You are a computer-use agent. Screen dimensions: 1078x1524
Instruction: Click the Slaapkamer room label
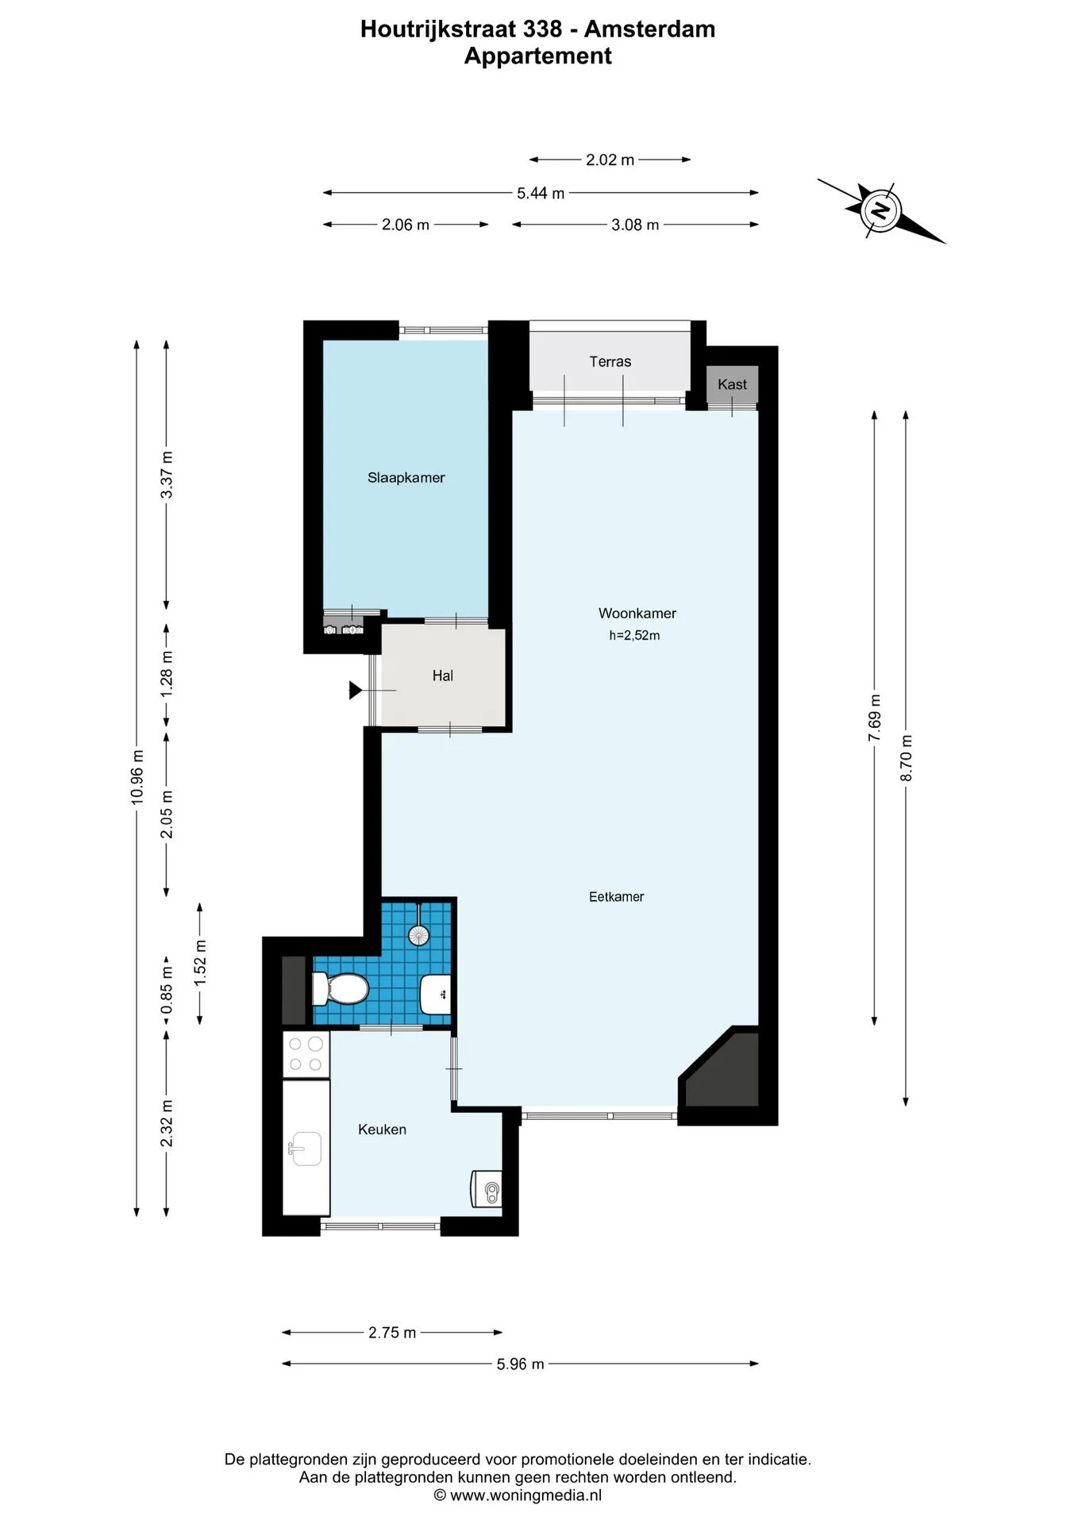pyautogui.click(x=406, y=478)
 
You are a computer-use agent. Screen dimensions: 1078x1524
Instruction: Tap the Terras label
pyautogui.click(x=610, y=362)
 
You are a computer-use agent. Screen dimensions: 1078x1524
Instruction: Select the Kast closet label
pyautogui.click(x=732, y=385)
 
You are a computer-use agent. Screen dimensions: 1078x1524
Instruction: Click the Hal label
pyautogui.click(x=442, y=676)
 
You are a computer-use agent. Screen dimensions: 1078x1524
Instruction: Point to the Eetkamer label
pyautogui.click(x=616, y=897)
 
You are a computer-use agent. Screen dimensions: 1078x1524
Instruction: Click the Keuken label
pyautogui.click(x=382, y=1130)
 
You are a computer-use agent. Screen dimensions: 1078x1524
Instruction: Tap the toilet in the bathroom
pyautogui.click(x=341, y=989)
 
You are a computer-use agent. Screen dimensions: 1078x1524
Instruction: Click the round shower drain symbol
pyautogui.click(x=418, y=935)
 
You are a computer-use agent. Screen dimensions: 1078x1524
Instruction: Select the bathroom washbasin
pyautogui.click(x=435, y=994)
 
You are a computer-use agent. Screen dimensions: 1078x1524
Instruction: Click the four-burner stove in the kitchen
pyautogui.click(x=306, y=1054)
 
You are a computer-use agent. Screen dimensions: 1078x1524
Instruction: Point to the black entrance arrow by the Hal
pyautogui.click(x=356, y=691)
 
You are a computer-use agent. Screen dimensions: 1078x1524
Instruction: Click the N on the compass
pyautogui.click(x=880, y=210)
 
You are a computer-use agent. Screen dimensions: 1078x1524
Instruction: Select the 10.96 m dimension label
pyautogui.click(x=137, y=777)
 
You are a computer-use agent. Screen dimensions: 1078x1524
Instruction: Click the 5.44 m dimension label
pyautogui.click(x=541, y=193)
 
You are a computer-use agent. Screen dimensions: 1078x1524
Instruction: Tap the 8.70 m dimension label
pyautogui.click(x=907, y=758)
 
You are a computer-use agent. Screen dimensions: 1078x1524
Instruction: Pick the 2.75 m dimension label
pyautogui.click(x=392, y=1333)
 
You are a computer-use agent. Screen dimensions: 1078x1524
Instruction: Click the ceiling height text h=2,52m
pyautogui.click(x=634, y=635)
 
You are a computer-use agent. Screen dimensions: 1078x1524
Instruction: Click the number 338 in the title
pyautogui.click(x=542, y=29)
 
